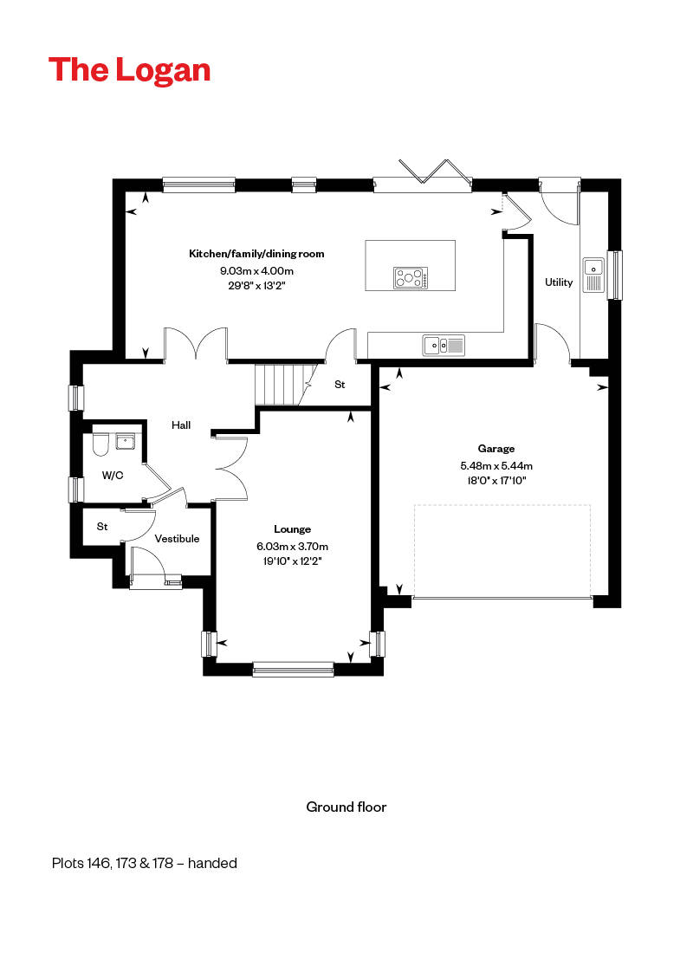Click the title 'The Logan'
[x=129, y=70]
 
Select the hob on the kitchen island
[x=411, y=278]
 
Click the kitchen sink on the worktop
[x=444, y=346]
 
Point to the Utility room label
[x=559, y=282]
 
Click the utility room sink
[x=593, y=274]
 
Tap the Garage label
[x=496, y=449]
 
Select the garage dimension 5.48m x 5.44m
[x=496, y=464]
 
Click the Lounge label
[x=292, y=529]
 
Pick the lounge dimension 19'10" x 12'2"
[x=292, y=561]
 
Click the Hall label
[x=181, y=425]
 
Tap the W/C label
[x=113, y=475]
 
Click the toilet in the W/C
[x=98, y=444]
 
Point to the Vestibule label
[x=177, y=539]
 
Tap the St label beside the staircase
[x=340, y=385]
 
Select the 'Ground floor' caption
[x=346, y=807]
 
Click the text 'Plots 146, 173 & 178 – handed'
[x=144, y=863]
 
